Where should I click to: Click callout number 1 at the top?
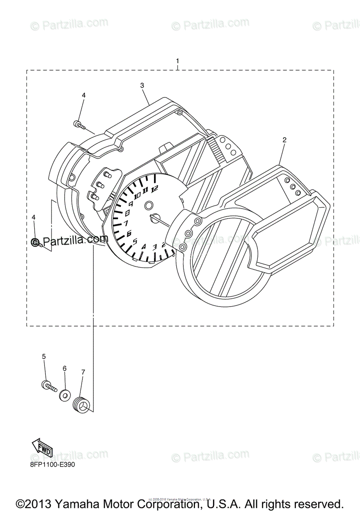178,61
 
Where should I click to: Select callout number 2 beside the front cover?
284,140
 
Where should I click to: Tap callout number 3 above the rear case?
142,85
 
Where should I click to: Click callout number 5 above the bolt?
44,356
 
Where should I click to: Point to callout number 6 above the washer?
65,368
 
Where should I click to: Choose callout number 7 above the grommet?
83,372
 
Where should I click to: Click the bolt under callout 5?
49,386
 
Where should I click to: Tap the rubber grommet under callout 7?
81,405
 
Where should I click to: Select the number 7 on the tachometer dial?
126,223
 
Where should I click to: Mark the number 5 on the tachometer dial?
135,242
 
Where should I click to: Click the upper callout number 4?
83,95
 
